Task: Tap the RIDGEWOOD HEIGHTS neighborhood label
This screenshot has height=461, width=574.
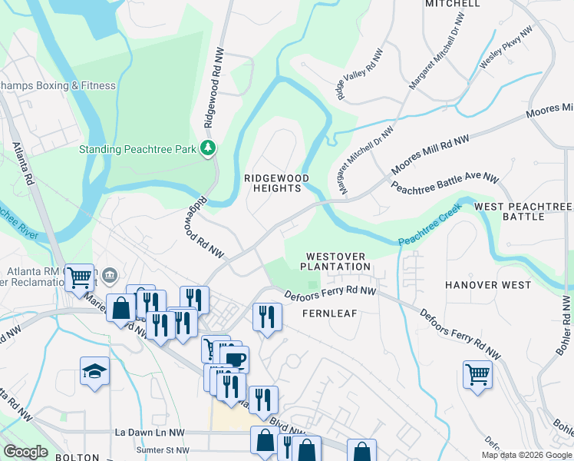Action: click(276, 183)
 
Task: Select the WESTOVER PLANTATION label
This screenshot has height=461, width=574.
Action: click(335, 261)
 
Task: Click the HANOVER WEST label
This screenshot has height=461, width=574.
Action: click(487, 285)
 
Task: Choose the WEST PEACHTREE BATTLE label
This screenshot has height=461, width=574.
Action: click(523, 212)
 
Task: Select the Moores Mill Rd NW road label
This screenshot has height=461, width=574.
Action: click(430, 154)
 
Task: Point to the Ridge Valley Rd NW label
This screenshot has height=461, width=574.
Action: click(359, 75)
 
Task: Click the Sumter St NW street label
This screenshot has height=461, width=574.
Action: click(162, 450)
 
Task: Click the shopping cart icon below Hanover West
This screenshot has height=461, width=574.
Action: click(477, 375)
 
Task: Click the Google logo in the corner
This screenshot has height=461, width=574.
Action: click(25, 452)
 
